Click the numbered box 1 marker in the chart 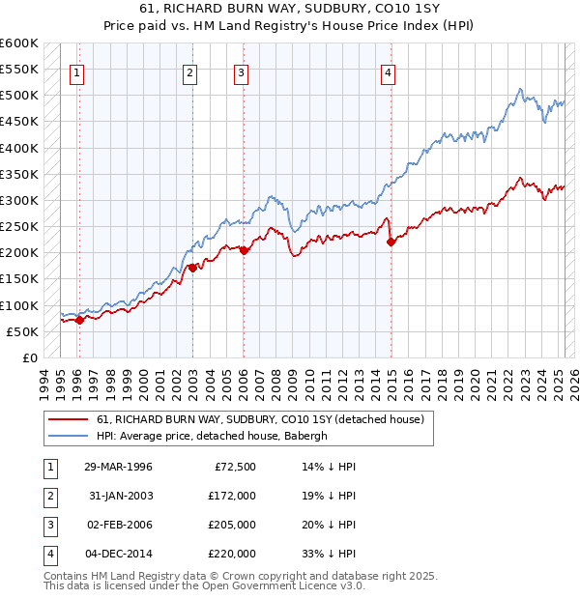(x=76, y=71)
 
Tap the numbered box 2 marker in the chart (x=190, y=71)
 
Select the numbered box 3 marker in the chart (x=241, y=71)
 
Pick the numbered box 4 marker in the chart (x=388, y=71)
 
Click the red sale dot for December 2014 (x=391, y=242)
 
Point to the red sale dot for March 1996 (x=79, y=320)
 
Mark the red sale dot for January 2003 (x=192, y=268)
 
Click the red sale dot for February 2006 (x=244, y=250)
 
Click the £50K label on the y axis (x=22, y=331)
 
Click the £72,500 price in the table (x=234, y=467)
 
